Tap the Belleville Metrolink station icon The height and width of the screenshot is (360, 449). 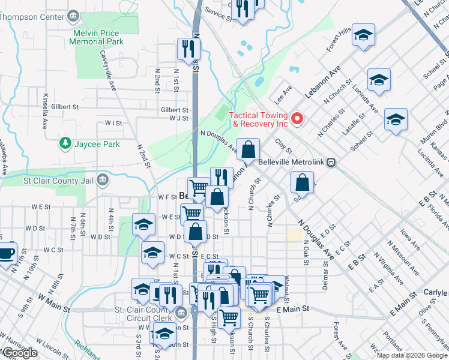click(x=331, y=163)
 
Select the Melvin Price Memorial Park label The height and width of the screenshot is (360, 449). click(x=96, y=37)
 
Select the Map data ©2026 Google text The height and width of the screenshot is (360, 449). click(x=411, y=355)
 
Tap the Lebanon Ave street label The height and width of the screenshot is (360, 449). click(x=321, y=82)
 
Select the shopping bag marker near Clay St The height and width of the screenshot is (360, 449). click(x=248, y=149)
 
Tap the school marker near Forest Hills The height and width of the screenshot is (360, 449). click(x=363, y=34)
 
